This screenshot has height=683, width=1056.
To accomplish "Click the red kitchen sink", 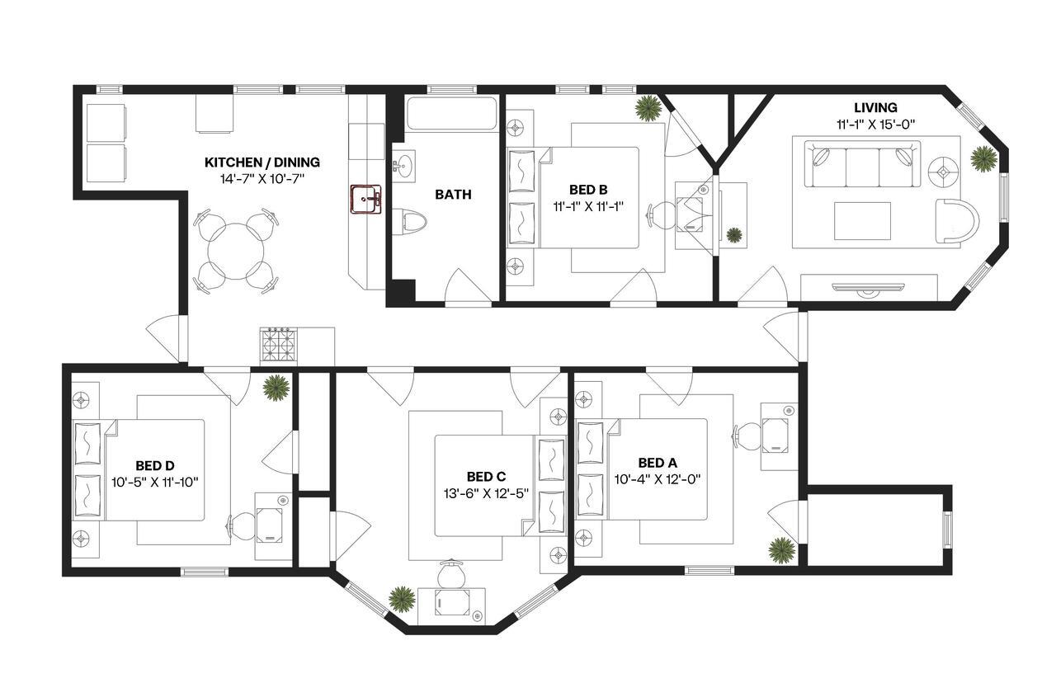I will (365, 199).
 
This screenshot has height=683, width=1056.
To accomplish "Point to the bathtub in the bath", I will (451, 113).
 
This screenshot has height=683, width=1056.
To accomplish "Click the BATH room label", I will (454, 195).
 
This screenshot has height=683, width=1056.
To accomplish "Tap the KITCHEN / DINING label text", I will (262, 163).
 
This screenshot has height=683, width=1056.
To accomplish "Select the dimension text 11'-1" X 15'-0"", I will (875, 124).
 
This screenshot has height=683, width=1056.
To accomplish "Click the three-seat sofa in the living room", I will (862, 164).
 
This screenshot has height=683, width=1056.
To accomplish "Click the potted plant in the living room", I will (983, 158).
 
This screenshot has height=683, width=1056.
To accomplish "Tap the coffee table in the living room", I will (862, 220).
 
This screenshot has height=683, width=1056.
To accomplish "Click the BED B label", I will (588, 190).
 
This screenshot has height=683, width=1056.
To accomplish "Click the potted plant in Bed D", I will (276, 387).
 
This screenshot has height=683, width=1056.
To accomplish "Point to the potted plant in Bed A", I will (780, 549).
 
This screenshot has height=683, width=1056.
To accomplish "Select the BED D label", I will (155, 465).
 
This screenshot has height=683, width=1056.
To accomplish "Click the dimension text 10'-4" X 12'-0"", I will (658, 478).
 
